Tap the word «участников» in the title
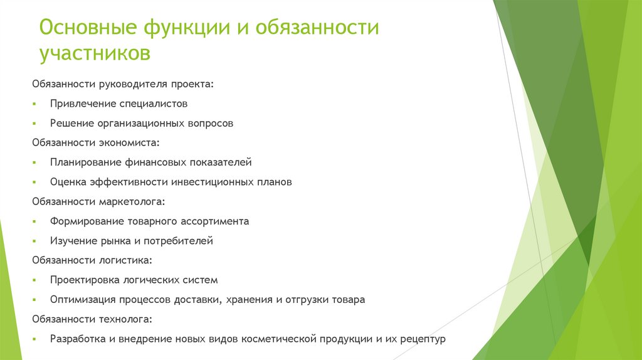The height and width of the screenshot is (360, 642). pos(95,54)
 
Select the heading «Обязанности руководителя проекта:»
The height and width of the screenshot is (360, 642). pos(123,84)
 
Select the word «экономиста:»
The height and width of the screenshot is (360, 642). pos(124,143)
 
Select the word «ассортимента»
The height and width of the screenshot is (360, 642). pos(215,221)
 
